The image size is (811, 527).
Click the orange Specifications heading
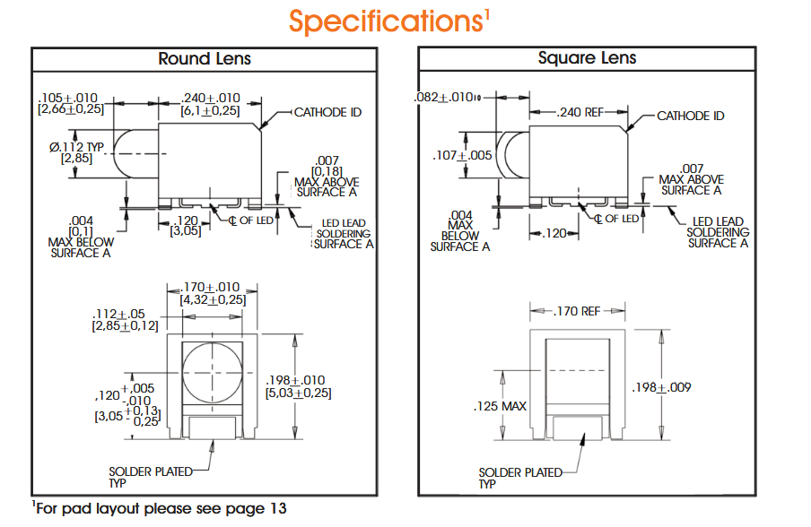coord(388,22)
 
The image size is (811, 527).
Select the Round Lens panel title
coord(205,59)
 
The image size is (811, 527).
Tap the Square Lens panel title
coord(587,59)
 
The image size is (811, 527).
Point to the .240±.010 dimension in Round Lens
coord(210,98)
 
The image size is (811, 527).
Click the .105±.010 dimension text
coord(67,98)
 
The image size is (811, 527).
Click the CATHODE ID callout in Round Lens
coord(327,113)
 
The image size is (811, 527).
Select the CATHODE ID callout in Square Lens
coord(690,116)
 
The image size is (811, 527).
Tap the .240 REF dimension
coord(580,113)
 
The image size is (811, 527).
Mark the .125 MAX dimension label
coord(500,406)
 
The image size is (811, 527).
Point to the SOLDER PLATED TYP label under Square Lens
coord(519,478)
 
